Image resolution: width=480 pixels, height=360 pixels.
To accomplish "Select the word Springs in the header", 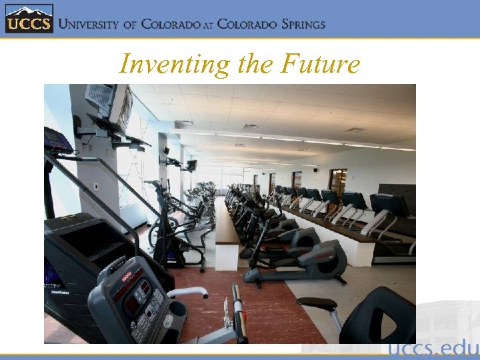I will coord(296,24).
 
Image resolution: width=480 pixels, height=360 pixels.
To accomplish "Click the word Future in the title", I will coord(321,64).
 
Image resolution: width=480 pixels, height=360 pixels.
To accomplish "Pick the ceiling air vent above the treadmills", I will coord(251,126).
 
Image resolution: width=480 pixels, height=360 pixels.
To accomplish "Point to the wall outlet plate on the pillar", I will coord(96,187).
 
